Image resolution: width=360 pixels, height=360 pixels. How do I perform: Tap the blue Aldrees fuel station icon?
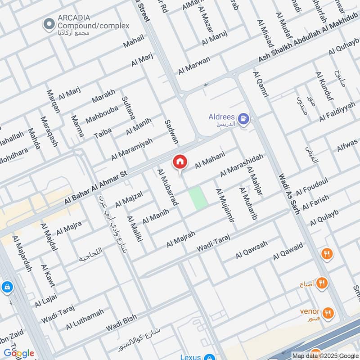244,119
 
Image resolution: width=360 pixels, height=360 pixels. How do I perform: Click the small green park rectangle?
198,198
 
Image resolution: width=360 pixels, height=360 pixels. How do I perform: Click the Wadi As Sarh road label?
289,194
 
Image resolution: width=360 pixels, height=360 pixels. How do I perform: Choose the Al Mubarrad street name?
167,187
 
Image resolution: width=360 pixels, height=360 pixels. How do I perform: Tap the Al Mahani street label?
209,160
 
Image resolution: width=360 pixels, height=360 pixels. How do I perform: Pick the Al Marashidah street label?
241,166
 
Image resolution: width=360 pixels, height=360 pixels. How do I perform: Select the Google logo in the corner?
18,353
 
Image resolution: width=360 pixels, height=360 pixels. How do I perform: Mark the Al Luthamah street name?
85,319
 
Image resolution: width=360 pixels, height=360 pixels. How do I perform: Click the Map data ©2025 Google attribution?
324,355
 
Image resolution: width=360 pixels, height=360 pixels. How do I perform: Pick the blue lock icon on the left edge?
7,287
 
